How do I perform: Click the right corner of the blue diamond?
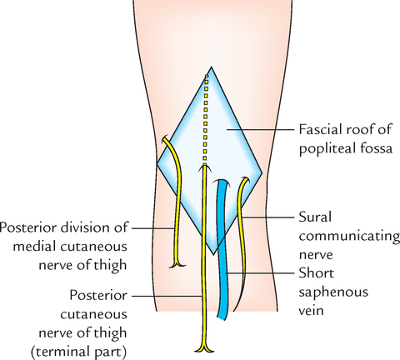pyautogui.click(x=262, y=172)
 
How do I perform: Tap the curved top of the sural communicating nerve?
pyautogui.click(x=243, y=180)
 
